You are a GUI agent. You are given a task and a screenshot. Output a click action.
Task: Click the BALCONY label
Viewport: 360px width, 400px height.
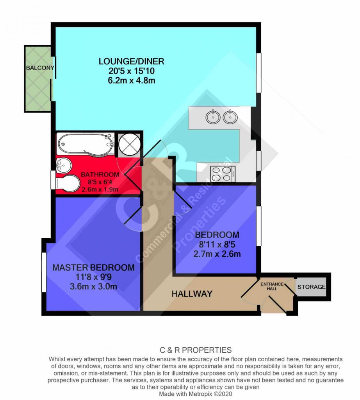point(40,68)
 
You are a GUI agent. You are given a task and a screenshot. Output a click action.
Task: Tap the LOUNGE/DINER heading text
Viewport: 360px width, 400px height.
point(131,61)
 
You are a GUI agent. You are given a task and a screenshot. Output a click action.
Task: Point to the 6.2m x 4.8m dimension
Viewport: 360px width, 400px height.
point(131,80)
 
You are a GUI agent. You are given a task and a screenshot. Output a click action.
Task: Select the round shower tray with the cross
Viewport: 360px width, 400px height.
point(130,144)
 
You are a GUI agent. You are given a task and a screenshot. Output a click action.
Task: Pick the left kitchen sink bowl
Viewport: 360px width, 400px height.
point(213,117)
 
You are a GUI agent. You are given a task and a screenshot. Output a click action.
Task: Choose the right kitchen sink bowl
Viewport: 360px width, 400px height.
point(230,117)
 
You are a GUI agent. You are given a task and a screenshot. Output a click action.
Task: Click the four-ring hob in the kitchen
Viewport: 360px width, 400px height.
point(223,174)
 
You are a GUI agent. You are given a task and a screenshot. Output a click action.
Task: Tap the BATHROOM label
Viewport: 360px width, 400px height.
point(100,175)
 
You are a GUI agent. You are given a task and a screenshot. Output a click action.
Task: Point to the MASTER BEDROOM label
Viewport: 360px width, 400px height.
point(94,267)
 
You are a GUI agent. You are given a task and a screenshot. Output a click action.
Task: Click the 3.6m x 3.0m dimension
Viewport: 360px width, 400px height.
point(94,286)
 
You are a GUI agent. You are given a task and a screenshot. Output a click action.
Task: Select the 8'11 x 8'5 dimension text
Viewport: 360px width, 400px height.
point(217,245)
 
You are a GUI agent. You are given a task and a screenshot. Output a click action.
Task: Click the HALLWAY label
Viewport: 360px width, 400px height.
point(192,294)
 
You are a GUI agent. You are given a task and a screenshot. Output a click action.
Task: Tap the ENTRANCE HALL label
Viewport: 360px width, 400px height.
point(272,286)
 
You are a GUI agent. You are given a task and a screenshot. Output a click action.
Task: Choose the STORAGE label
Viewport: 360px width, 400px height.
point(311,287)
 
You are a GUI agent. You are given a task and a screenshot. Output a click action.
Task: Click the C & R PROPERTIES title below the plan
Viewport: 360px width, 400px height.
point(196,350)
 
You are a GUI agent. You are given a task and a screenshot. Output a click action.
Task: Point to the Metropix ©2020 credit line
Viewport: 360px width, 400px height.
point(196,394)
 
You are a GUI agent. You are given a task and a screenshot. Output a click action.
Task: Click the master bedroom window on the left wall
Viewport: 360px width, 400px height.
point(44,272)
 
